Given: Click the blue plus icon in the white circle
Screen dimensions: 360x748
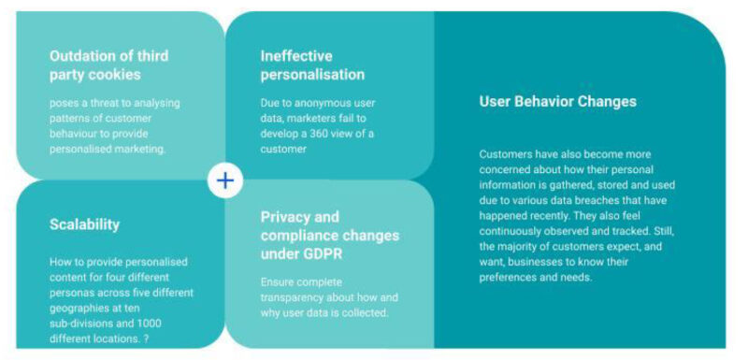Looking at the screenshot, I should [224, 180].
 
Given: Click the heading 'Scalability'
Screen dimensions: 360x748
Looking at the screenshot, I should [84, 224].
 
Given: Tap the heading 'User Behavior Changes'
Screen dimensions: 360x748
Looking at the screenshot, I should [557, 101].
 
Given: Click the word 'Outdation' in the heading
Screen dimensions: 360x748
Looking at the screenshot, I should [82, 55].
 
